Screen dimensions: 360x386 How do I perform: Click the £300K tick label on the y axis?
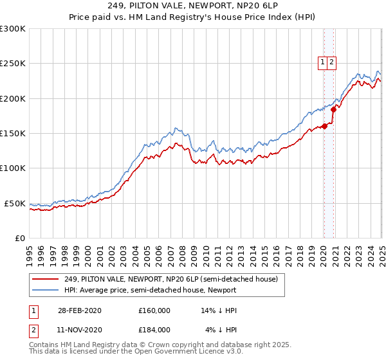pos(13,29)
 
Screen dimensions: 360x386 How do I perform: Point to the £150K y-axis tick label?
pos(13,133)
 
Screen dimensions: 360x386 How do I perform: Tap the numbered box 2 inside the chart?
pos(331,62)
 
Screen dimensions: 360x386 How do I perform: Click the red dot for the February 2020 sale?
pos(324,126)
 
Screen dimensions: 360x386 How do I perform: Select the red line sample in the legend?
pos(46,279)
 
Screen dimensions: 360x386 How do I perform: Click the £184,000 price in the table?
pos(154,329)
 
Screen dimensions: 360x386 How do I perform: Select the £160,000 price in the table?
pos(154,310)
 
